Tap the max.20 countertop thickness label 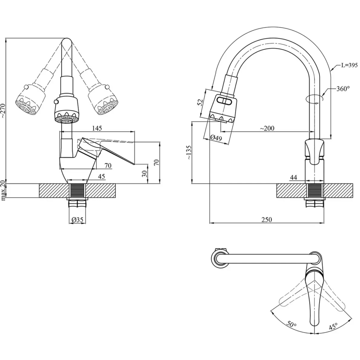click(x=3, y=191)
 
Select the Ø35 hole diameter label click(x=77, y=220)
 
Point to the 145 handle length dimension click(x=97, y=128)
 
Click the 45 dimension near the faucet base click(x=101, y=177)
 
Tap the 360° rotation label click(x=343, y=89)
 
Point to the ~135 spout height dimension click(x=189, y=153)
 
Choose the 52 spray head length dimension click(x=200, y=103)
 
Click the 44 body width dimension click(x=294, y=178)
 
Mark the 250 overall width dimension click(x=267, y=220)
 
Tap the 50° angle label click(x=291, y=323)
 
